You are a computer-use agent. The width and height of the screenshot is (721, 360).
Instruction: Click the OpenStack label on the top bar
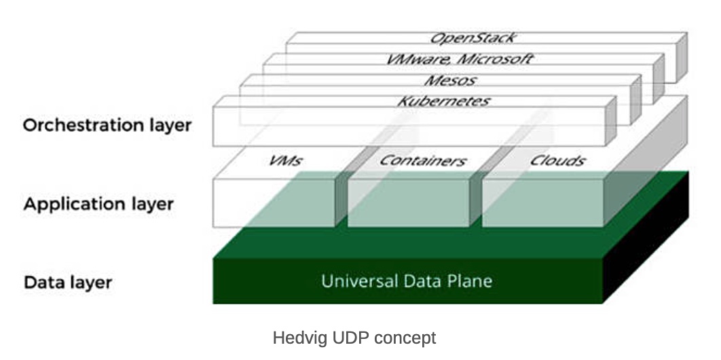(x=472, y=38)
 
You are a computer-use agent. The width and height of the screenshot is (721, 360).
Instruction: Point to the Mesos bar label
(x=449, y=80)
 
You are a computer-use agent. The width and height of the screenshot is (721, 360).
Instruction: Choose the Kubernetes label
(x=443, y=101)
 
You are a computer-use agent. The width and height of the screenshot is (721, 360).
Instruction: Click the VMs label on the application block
(x=285, y=160)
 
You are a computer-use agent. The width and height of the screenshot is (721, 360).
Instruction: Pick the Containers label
(x=422, y=160)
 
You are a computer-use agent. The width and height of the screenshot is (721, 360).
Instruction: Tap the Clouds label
(x=558, y=160)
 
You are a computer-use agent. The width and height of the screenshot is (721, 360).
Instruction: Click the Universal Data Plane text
(x=407, y=281)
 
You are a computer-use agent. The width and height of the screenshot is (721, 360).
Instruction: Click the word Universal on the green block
(x=356, y=281)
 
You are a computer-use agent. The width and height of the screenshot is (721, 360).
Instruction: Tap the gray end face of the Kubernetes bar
(x=610, y=122)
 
